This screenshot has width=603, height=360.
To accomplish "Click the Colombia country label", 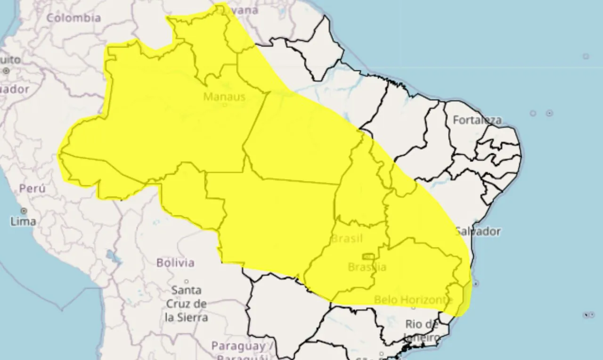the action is click(73, 18).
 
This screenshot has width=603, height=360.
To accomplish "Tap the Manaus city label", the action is click(224, 97).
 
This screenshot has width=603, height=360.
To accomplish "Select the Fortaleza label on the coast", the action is click(477, 120).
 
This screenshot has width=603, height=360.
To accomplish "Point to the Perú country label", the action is click(33, 189).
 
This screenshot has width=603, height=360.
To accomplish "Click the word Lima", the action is click(23, 221).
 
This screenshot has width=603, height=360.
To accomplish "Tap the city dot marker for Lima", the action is click(24, 211).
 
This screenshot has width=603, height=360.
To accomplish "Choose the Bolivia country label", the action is click(175, 262).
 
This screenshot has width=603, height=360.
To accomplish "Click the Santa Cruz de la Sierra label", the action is click(187, 303).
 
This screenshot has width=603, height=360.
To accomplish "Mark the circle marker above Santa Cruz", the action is click(187, 281).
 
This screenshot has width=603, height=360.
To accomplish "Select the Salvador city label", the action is click(477, 231).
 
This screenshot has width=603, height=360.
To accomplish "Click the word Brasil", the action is click(347, 238).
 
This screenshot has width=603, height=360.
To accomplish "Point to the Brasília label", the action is click(367, 267).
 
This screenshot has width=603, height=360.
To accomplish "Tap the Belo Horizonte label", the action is click(413, 300).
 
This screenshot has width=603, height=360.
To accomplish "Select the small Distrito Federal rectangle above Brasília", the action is click(368, 256).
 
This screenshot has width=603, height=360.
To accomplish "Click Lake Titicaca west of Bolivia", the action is click(112, 257).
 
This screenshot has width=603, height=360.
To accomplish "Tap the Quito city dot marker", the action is click(6, 71).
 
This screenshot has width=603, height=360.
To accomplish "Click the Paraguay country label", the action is click(238, 346).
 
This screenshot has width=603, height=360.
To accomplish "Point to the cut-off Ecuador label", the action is click(14, 89).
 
